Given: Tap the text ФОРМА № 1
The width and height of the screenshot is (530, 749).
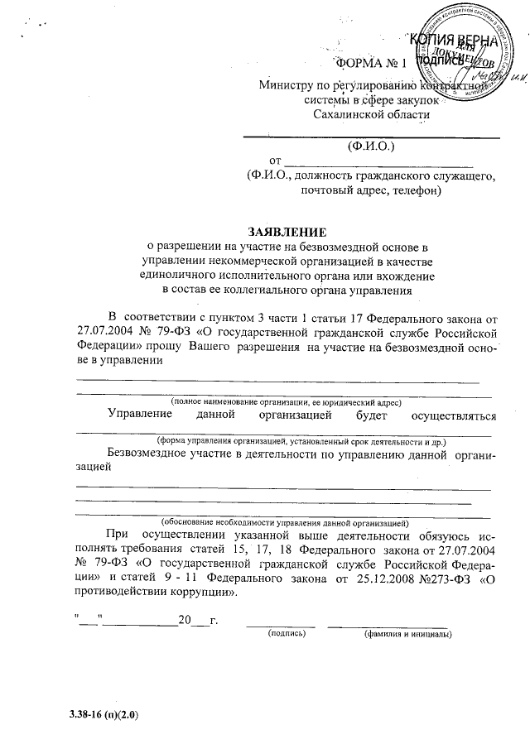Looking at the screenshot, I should click(369, 65).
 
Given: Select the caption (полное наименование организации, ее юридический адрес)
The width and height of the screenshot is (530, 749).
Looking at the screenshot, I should click(286, 401).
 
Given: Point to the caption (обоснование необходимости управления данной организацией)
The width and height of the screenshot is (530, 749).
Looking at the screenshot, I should click(285, 523).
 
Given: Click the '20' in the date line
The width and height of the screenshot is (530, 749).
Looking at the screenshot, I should click(184, 620).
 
